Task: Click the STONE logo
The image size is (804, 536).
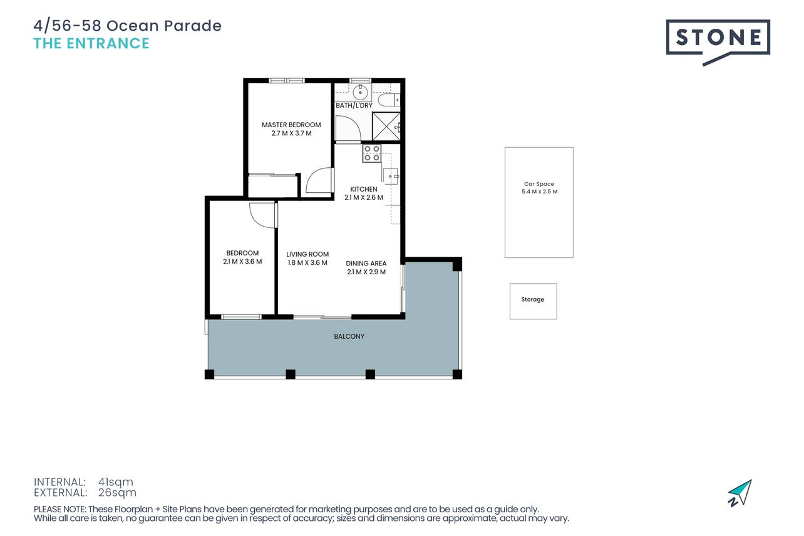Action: coord(718,42)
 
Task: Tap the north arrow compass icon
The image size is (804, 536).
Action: coord(741,493)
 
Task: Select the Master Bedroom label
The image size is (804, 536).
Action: coord(291,125)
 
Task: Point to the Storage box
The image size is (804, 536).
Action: coord(533,301)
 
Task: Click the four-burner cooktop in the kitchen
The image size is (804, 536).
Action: coord(371,153)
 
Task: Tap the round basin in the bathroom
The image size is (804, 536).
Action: coord(360,93)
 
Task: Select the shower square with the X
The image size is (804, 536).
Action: coord(386,126)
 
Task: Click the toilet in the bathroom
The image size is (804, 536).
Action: coord(388,100)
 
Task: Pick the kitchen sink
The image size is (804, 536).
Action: coord(390,177)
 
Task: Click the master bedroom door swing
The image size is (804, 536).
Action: coord(320,180)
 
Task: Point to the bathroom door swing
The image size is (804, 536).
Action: coord(348,128)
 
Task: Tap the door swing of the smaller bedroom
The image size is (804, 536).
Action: coord(264,215)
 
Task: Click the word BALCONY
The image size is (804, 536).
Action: coord(349,336)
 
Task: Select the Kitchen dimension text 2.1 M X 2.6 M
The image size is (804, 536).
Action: coord(364,197)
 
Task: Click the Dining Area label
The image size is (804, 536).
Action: coord(366,263)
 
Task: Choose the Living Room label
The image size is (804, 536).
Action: coord(307,254)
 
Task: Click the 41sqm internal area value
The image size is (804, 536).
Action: coord(116,482)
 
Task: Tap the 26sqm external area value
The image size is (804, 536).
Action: coord(117,493)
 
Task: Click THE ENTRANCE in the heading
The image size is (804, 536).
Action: coord(91,43)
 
